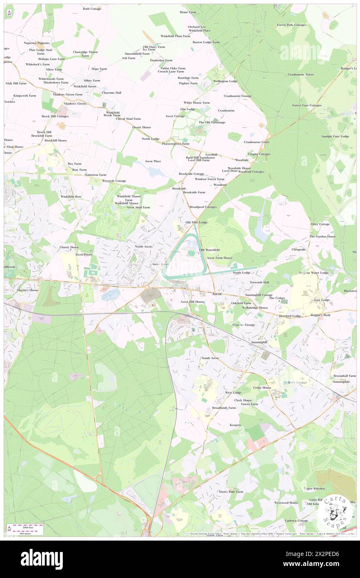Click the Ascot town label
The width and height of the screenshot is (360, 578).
point(217,294)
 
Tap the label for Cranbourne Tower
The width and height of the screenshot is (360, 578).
point(301,74)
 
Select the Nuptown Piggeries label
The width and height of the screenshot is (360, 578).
point(37,43)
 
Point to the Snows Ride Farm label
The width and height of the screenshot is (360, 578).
point(231,492)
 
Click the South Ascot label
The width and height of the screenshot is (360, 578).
point(210,358)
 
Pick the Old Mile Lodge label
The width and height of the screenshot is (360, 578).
point(196,222)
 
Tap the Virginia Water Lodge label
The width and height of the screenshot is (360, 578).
point(313,273)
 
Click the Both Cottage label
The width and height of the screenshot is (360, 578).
point(92,9)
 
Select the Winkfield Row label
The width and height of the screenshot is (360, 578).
point(71,196)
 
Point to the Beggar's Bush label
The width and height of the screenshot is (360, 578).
point(321,315)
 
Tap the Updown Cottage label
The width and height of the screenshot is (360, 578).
point(296,520)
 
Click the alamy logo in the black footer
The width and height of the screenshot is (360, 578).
point(42,559)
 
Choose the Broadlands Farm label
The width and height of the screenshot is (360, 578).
point(224,408)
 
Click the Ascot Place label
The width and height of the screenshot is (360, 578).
point(153,161)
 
